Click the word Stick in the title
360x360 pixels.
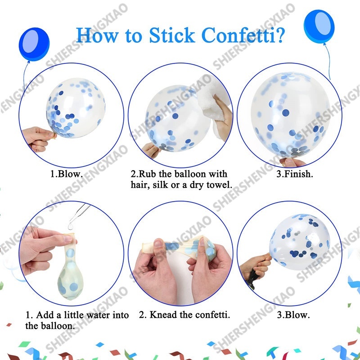point(172,35)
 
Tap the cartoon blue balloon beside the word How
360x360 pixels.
point(34,44)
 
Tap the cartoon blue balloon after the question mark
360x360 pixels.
point(319,27)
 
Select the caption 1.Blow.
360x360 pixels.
point(67,174)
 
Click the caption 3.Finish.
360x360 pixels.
point(295,174)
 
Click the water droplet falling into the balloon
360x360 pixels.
point(71,226)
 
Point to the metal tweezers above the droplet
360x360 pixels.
point(79,213)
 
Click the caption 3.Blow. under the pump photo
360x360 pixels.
point(293,315)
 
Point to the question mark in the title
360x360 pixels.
point(279,35)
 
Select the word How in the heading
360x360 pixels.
point(98,35)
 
